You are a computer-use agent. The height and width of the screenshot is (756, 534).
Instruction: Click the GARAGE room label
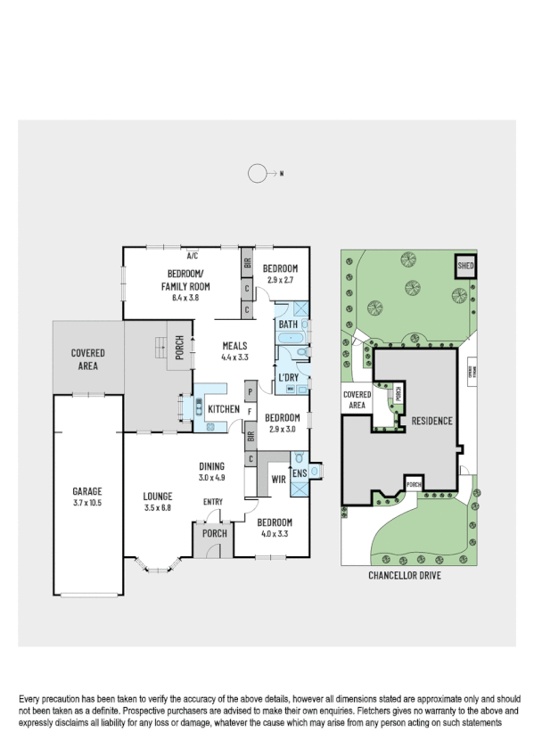pos(87,491)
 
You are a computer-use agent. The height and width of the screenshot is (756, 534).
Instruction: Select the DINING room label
pos(212,466)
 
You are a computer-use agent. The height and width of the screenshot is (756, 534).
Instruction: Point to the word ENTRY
pos(213,502)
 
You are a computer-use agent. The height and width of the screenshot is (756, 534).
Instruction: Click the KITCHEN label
pos(222,409)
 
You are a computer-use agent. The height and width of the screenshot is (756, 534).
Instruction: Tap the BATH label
pos(288,325)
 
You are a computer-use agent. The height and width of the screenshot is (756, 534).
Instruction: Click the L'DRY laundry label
pos(288,378)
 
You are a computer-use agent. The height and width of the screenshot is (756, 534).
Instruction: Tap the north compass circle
pos(258,174)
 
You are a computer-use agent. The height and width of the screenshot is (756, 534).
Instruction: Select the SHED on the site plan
pos(465,266)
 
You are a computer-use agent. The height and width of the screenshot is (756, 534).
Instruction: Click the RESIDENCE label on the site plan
pos(431,421)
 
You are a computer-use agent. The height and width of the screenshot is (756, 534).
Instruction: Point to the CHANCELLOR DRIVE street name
pos(404,576)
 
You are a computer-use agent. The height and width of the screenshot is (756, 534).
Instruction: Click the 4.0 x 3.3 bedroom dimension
pos(274,533)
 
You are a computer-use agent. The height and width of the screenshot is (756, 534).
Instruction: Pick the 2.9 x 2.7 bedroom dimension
pos(281,280)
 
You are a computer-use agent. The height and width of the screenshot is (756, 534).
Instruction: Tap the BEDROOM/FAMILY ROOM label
pos(185,280)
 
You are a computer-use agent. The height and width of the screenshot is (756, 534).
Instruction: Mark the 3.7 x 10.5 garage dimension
pos(87,503)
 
